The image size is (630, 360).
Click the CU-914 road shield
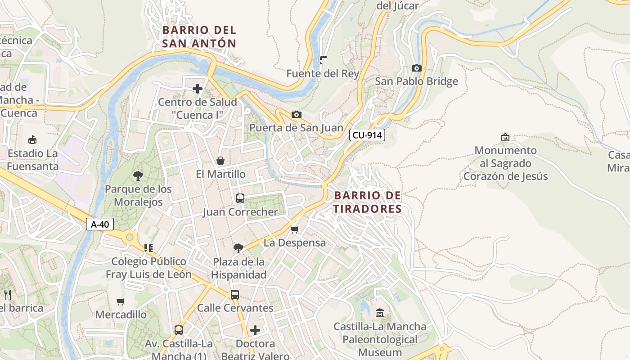(x=367, y=135)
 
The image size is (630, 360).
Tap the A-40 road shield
(x=99, y=224)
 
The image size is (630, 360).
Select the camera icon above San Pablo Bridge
(x=417, y=68)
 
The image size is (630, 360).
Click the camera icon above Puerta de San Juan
(x=296, y=115)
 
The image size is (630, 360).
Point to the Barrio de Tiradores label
(x=367, y=202)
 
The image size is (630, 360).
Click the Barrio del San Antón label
(x=199, y=36)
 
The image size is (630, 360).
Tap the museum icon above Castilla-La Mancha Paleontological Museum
(x=380, y=313)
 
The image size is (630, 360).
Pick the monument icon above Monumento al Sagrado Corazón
(x=505, y=137)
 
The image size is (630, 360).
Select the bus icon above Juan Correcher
(x=240, y=198)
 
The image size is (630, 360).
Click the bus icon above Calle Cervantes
(x=235, y=295)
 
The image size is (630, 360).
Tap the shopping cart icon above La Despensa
(x=295, y=230)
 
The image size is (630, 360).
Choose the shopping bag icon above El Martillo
(x=220, y=161)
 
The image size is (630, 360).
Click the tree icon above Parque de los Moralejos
(x=138, y=176)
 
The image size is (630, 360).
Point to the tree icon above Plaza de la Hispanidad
(x=238, y=248)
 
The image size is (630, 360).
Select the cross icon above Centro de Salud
(x=197, y=89)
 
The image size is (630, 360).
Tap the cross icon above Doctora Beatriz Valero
(x=255, y=331)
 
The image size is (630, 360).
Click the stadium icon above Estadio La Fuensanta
(x=32, y=140)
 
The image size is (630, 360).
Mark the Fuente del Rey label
(x=323, y=73)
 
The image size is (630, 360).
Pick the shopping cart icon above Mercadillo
(x=120, y=301)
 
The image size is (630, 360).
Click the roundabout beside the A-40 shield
(x=130, y=236)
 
